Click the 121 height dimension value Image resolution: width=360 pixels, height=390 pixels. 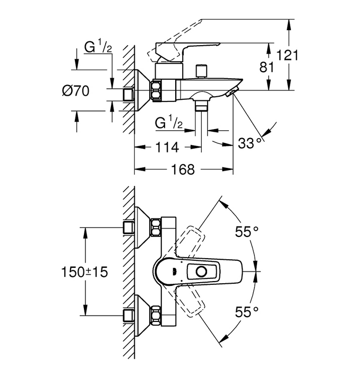click(x=287, y=55)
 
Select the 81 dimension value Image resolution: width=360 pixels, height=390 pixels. click(x=267, y=67)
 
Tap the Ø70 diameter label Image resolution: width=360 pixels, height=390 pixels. click(x=75, y=90)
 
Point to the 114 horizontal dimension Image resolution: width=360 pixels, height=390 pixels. click(x=167, y=147)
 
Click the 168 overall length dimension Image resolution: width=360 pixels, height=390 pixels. click(x=183, y=169)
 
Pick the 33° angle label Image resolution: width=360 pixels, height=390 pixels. click(x=250, y=143)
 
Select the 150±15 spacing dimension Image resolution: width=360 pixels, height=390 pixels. click(x=84, y=272)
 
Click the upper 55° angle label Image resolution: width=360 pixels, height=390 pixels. click(x=246, y=232)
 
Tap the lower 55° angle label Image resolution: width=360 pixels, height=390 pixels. click(x=246, y=312)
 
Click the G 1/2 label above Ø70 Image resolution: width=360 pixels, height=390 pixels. click(x=98, y=47)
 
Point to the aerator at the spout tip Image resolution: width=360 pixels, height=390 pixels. click(x=232, y=92)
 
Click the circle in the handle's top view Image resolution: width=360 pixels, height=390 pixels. click(x=201, y=272)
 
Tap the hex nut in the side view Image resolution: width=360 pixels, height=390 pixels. click(x=156, y=90)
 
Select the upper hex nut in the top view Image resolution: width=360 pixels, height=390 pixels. click(x=156, y=227)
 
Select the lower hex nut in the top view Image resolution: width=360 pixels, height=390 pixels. click(x=156, y=316)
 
